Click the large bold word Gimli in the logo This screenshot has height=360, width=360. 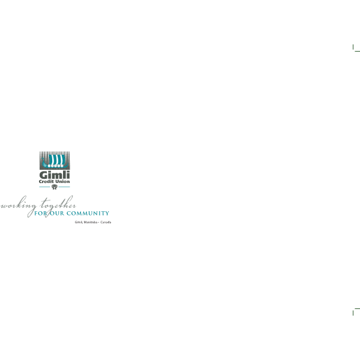(x=55, y=175)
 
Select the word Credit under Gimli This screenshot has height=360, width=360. (x=46, y=181)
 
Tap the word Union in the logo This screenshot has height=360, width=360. (x=62, y=181)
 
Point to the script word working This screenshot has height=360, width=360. (x=19, y=205)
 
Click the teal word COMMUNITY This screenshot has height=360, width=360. (x=88, y=213)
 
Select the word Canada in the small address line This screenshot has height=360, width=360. (x=106, y=222)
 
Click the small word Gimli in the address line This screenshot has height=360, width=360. (x=79, y=222)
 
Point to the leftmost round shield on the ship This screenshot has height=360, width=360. (x=49, y=166)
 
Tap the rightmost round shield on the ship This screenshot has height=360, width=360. (x=62, y=166)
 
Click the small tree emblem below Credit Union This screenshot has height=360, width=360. (x=55, y=187)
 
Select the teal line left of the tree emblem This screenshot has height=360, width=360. (x=44, y=187)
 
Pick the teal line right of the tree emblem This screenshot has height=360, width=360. (x=64, y=187)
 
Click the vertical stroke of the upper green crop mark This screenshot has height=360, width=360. (x=353, y=47)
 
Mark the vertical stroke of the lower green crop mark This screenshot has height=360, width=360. (x=353, y=313)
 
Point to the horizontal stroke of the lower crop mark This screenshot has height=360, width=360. (x=357, y=309)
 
